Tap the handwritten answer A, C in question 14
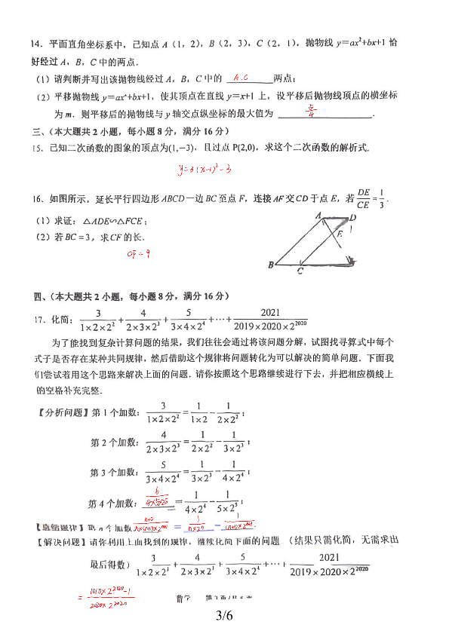tap(241, 78)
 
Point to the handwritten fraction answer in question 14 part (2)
tap(311, 112)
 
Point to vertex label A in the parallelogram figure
tap(318, 216)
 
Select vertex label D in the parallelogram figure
tap(353, 218)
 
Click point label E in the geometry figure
tap(340, 234)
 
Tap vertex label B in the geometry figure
tap(270, 265)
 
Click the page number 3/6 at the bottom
tap(225, 616)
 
